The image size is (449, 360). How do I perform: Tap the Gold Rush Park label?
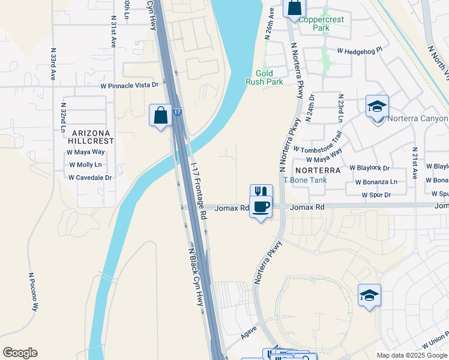tap(264, 77)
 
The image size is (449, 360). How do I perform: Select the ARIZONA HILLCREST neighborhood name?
tap(91, 137)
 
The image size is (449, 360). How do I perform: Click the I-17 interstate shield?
tap(176, 112)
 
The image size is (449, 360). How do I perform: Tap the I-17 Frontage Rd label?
tap(198, 189)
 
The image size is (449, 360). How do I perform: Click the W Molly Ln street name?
tap(86, 164)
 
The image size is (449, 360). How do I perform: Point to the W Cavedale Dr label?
tap(90, 178)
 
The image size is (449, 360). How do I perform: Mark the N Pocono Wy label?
tap(33, 292)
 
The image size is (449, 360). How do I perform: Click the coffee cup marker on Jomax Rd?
tap(261, 207)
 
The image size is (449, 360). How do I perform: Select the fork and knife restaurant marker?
tap(261, 192)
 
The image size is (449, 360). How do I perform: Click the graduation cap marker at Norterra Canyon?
tap(377, 107)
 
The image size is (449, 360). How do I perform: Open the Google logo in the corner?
tap(20, 353)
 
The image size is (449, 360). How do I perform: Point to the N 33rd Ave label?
tap(53, 67)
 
